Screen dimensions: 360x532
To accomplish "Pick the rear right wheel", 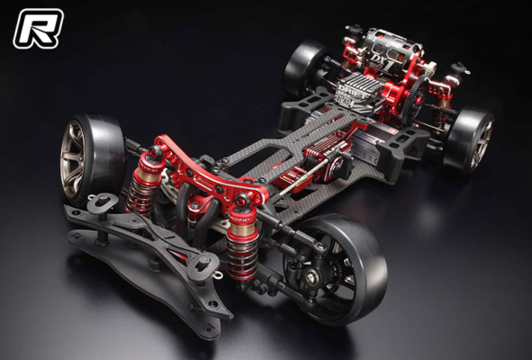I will (469, 139).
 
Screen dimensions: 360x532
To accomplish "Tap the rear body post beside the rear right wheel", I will (459, 68).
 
